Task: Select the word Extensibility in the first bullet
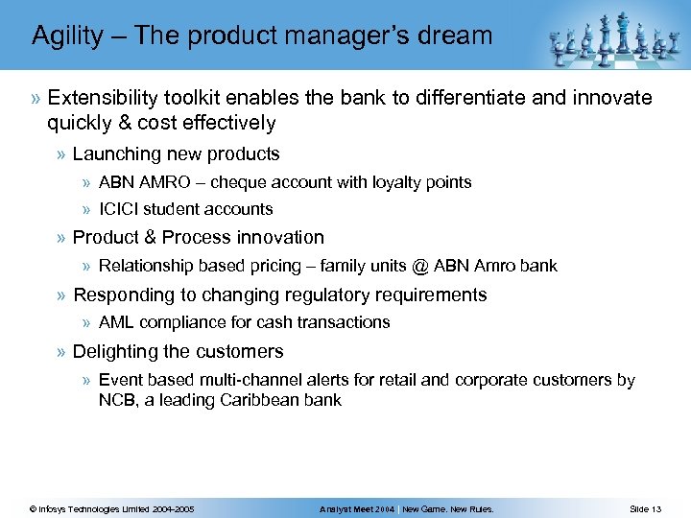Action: coord(105,98)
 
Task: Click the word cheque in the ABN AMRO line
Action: coord(239,182)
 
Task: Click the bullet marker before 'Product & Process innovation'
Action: coord(61,238)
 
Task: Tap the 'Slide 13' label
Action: coord(645,508)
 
